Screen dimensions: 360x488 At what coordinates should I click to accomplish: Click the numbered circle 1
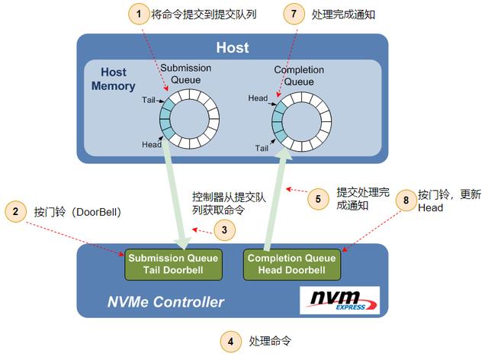(138, 13)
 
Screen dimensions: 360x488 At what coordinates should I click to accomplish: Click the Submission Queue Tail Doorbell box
(174, 263)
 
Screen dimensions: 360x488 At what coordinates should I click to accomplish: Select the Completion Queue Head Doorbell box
(290, 263)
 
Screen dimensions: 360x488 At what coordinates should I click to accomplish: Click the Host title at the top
(232, 48)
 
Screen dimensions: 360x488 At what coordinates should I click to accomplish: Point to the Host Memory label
(113, 79)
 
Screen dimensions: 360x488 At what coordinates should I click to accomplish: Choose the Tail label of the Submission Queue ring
(149, 100)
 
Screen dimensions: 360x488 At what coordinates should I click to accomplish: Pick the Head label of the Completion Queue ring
(258, 98)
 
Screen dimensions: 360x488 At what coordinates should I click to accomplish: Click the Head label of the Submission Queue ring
(152, 145)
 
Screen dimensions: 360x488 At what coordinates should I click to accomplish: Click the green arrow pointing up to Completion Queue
(275, 198)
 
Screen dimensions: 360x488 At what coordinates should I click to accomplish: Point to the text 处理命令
(270, 341)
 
